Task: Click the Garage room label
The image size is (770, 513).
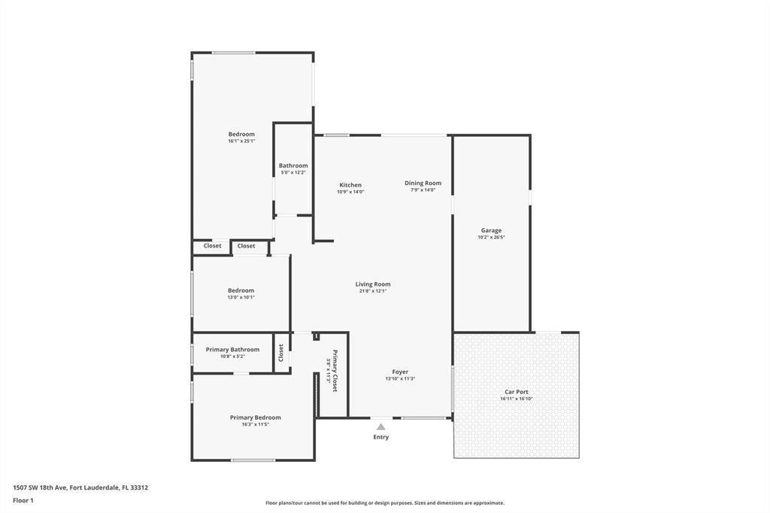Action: pyautogui.click(x=491, y=230)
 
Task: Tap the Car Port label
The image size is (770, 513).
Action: pyautogui.click(x=516, y=392)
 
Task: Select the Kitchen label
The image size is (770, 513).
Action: pyautogui.click(x=350, y=185)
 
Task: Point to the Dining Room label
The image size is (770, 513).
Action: pyautogui.click(x=423, y=183)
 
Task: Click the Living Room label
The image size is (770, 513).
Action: pyautogui.click(x=373, y=284)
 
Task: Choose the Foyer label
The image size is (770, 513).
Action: pyautogui.click(x=400, y=372)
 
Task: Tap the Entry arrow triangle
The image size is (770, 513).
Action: pyautogui.click(x=381, y=427)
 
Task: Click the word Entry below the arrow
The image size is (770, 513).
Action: pyautogui.click(x=381, y=437)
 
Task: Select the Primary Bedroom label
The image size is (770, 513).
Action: pyautogui.click(x=256, y=417)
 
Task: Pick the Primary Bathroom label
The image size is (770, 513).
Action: pyautogui.click(x=232, y=349)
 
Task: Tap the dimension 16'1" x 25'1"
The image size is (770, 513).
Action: pyautogui.click(x=241, y=141)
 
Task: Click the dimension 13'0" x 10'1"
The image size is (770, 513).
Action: pyautogui.click(x=241, y=297)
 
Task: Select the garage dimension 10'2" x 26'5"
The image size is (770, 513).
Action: pyautogui.click(x=491, y=237)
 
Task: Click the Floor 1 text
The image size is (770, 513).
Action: pyautogui.click(x=23, y=500)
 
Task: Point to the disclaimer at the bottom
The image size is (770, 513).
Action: pyautogui.click(x=384, y=503)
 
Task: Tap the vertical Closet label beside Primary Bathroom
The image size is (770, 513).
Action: pyautogui.click(x=281, y=352)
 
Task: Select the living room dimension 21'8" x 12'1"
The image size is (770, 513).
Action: pyautogui.click(x=373, y=291)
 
